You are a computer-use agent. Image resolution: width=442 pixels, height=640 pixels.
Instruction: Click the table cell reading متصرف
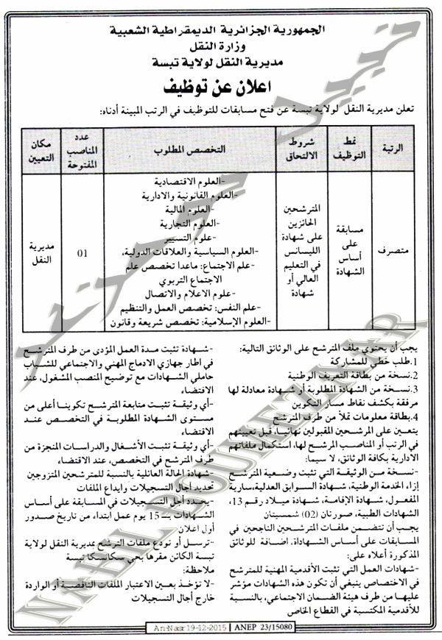[394, 251]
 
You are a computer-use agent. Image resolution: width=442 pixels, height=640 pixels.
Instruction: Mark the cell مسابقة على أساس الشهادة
[346, 251]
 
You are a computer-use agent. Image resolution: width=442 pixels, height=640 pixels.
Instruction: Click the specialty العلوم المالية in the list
[200, 210]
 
